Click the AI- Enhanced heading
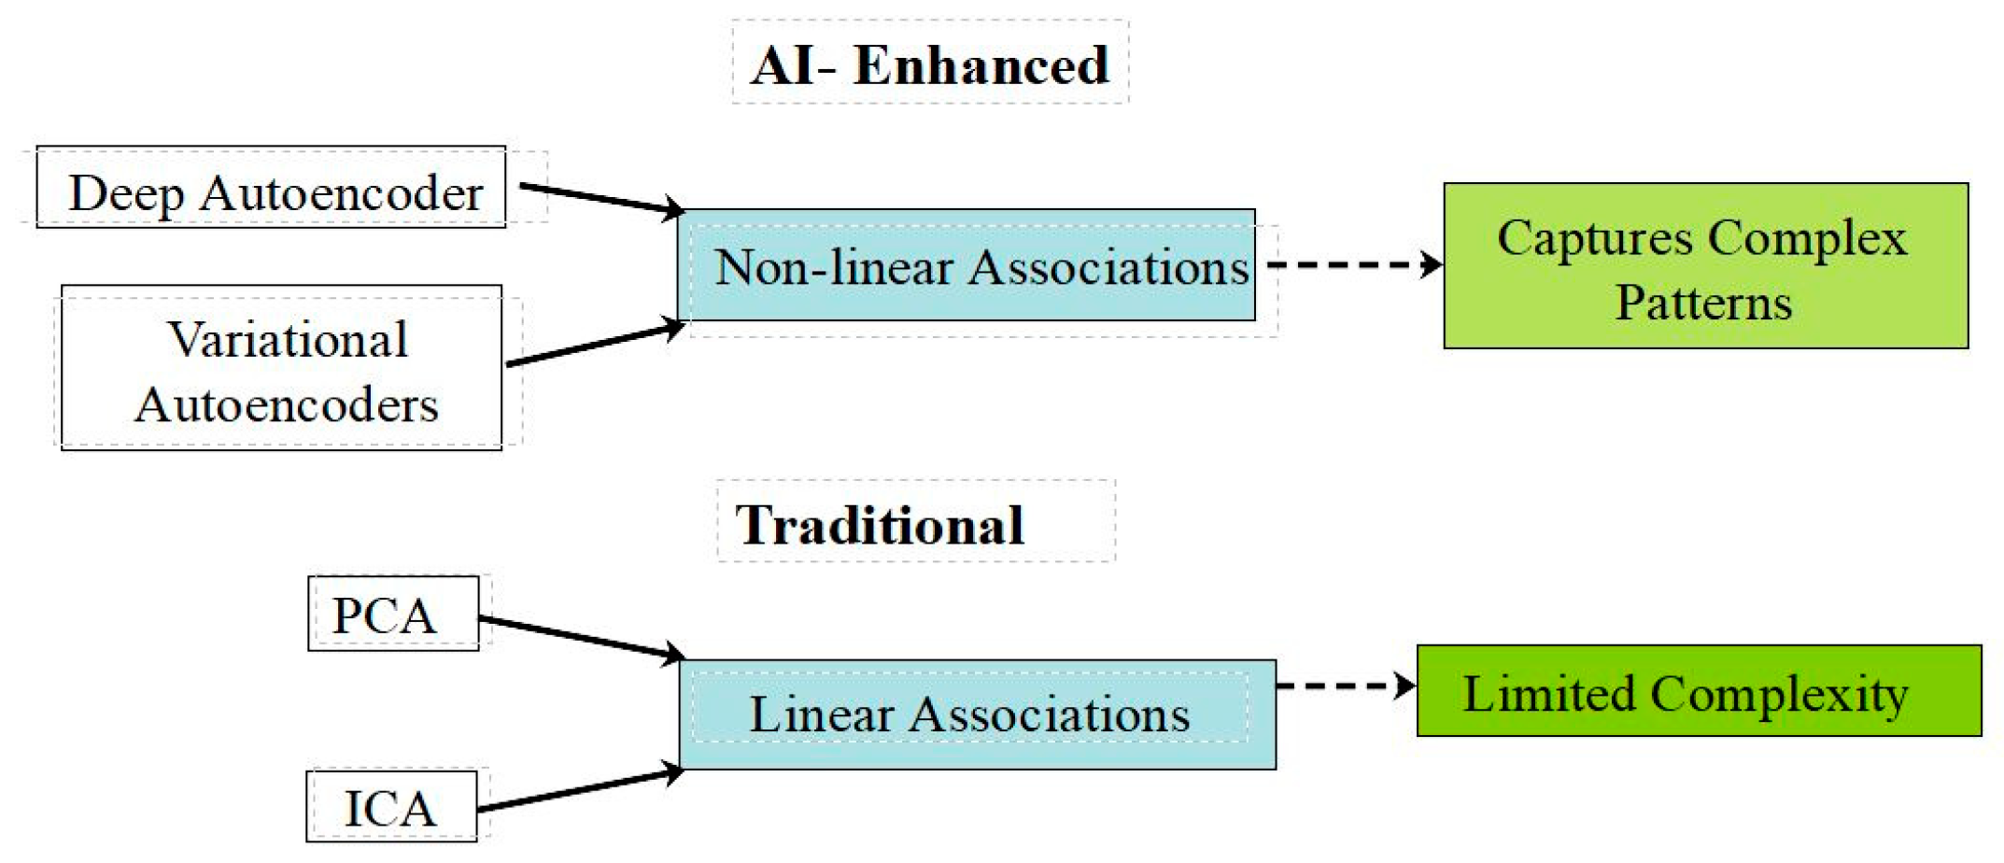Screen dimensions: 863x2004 [930, 65]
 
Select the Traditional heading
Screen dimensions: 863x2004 [880, 524]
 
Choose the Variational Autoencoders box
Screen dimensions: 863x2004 [282, 369]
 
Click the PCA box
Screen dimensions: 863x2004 [393, 614]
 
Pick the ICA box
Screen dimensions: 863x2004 [391, 807]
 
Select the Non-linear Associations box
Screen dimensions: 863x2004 [967, 266]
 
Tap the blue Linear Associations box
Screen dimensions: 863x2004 [978, 714]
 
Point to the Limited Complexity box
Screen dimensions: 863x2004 [1699, 691]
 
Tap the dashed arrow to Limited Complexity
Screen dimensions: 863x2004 [1346, 686]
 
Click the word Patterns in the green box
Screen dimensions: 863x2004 [1704, 303]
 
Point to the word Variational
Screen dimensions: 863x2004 [288, 339]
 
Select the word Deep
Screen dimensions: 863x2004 [127, 194]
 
